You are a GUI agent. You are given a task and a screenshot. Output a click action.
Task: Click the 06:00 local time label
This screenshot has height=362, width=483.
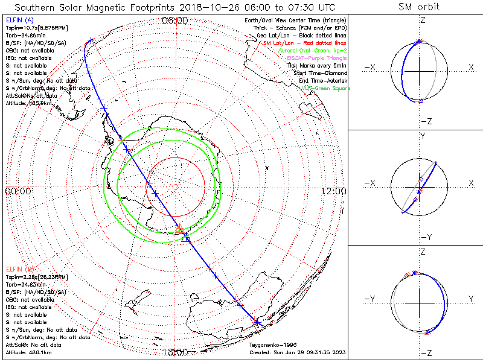coord(175,21)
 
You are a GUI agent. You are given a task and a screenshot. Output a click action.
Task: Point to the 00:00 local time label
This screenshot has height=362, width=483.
coord(18,191)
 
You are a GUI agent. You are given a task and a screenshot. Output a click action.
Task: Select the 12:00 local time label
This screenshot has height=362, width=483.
coord(333,191)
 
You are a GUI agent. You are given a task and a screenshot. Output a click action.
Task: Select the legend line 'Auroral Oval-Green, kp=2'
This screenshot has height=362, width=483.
coord(312,51)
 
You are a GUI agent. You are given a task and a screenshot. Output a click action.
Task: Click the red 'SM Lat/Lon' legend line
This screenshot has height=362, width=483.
coord(305,43)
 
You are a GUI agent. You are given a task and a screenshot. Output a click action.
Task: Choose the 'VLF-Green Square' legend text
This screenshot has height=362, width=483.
coord(326,88)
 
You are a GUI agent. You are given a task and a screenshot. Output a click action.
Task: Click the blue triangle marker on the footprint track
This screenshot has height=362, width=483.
coord(186,238)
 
